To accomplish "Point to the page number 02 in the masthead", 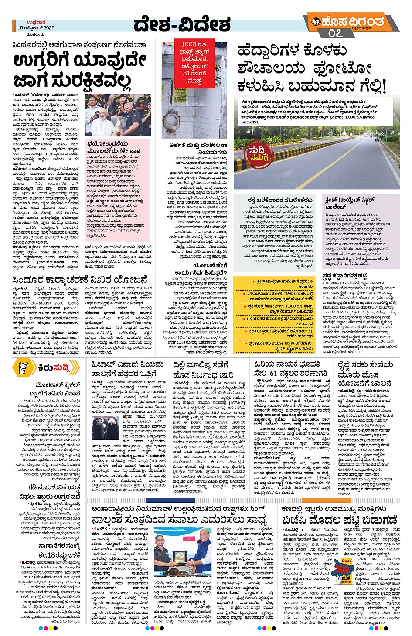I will [334, 33].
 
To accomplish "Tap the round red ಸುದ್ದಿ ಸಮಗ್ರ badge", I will [257, 155].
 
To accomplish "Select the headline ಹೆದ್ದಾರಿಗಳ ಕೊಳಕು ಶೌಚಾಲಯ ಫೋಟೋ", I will [312, 68].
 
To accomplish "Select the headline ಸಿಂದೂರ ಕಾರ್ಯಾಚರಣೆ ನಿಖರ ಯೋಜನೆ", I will [80, 279].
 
